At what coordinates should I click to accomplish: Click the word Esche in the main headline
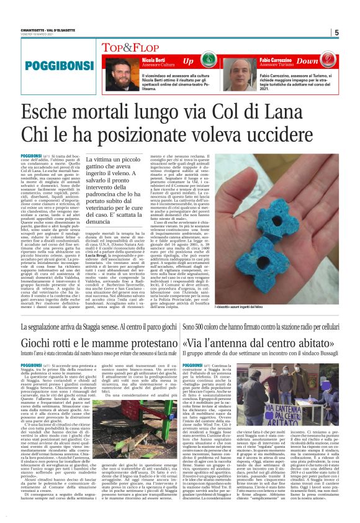[x=65, y=114]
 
